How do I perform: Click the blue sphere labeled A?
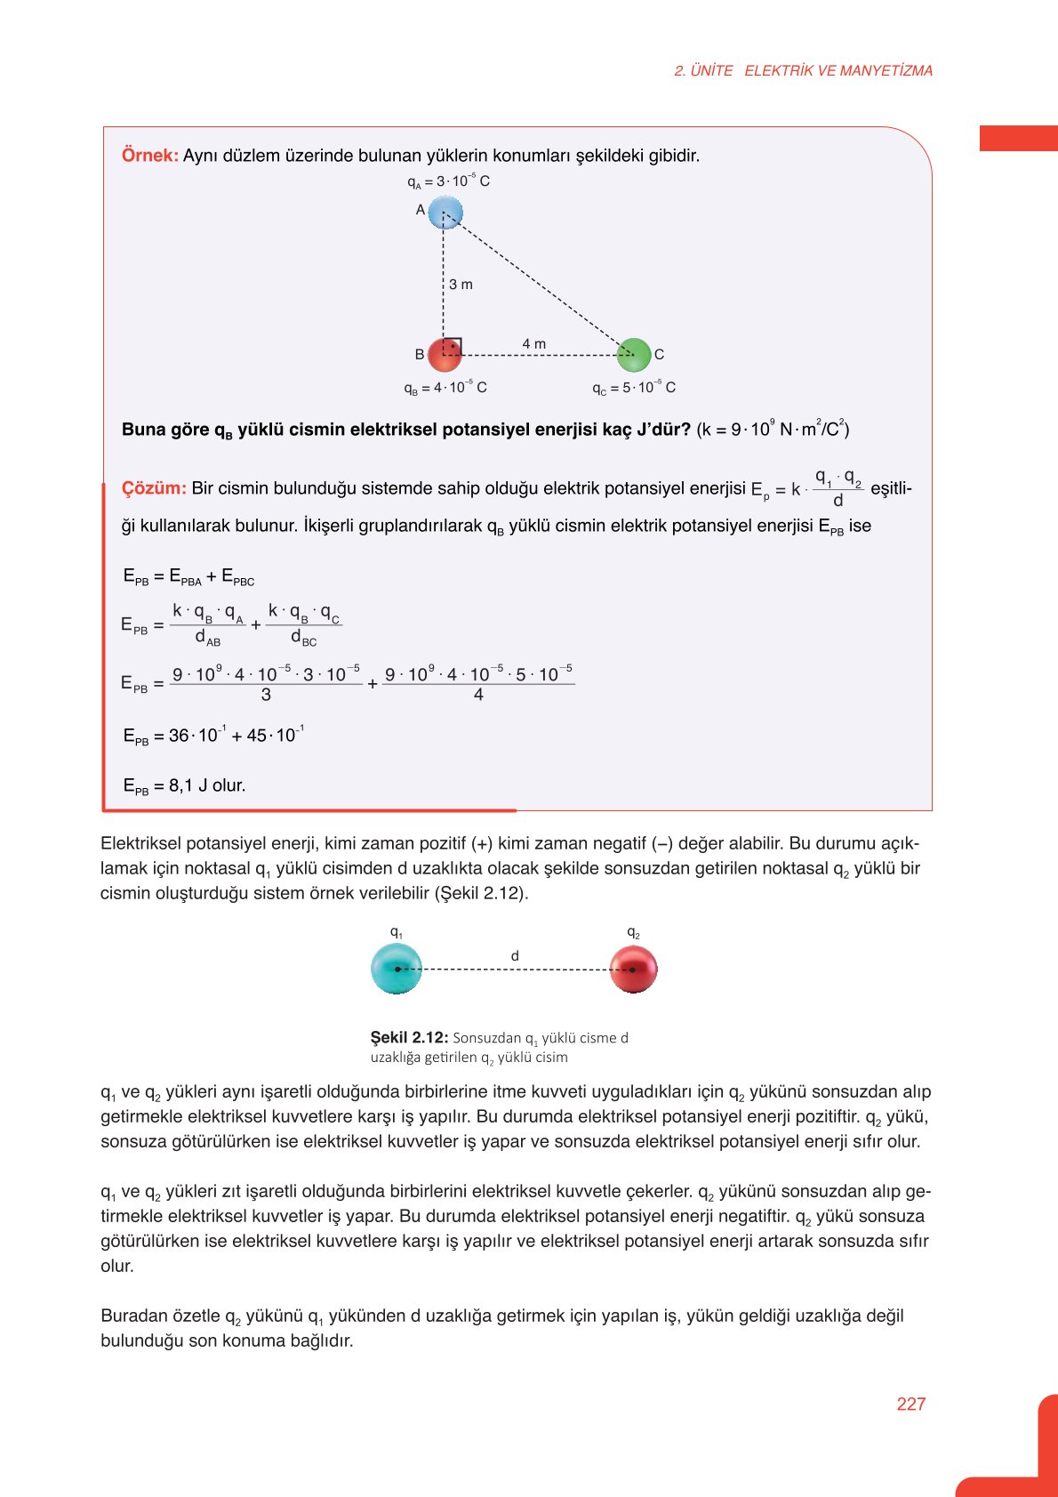(445, 213)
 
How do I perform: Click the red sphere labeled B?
(445, 355)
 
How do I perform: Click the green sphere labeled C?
(634, 355)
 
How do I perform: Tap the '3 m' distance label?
(461, 285)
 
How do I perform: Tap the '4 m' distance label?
(534, 344)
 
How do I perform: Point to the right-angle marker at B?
(453, 346)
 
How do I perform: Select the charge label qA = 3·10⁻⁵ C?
(448, 181)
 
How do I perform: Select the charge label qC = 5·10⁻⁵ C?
(634, 388)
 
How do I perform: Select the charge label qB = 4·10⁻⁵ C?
(445, 388)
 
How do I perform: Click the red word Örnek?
(149, 156)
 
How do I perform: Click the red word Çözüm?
(154, 488)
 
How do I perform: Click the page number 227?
(911, 1404)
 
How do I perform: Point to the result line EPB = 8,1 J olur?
(184, 785)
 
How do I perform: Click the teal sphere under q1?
(396, 970)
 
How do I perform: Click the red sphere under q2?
(633, 970)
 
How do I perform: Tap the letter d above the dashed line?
(515, 956)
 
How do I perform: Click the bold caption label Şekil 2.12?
(409, 1037)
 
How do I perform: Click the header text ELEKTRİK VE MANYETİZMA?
(838, 71)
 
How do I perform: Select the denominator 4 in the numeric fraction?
(478, 695)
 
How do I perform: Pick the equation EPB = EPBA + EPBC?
(188, 577)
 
